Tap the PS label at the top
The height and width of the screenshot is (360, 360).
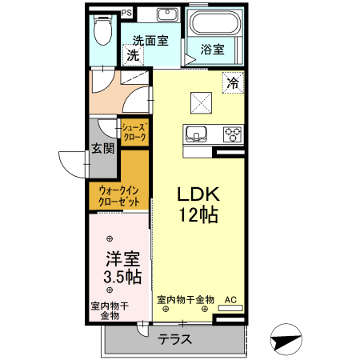pos(126,12)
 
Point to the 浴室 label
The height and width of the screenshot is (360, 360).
pos(212,50)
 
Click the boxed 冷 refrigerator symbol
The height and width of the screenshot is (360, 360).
pos(233,82)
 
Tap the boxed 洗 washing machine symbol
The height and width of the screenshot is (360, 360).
pos(132,56)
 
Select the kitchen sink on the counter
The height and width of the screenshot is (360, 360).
pos(197,134)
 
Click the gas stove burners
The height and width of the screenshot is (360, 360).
pos(232,134)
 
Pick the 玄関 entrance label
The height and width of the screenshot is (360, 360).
pos(102,148)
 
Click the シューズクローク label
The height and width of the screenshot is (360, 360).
pos(133,132)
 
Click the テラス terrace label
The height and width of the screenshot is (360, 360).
pos(174,338)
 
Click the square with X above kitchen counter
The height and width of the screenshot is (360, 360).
pos(199,102)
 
